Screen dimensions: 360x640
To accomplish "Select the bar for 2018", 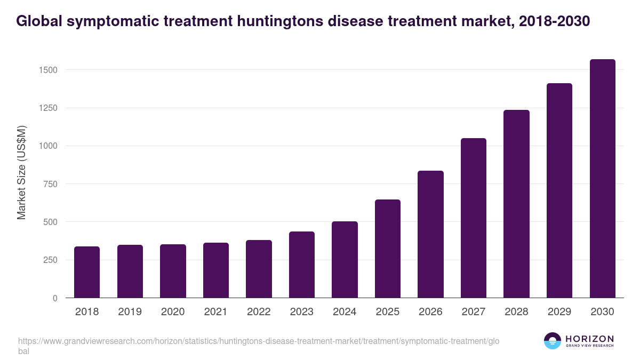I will coord(87,272).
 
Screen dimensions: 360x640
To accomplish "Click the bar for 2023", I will coord(301,265).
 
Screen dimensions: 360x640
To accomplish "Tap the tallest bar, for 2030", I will coord(602,179).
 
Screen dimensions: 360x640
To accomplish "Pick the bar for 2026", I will coord(430,234).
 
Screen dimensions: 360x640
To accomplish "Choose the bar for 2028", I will coord(516,204).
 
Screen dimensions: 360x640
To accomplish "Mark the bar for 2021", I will coord(215,270).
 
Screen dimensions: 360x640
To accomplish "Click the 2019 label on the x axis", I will coord(130,312).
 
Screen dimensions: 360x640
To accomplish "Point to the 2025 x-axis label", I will coord(387,312).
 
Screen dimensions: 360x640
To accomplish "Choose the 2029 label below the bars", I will coord(559,312).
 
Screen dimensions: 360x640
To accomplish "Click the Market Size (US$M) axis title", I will coord(22,172).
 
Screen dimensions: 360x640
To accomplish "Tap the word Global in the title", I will coord(38,21).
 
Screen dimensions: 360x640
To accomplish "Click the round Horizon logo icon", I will coord(552,341).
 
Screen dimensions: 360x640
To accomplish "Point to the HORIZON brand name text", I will coord(589,338).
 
